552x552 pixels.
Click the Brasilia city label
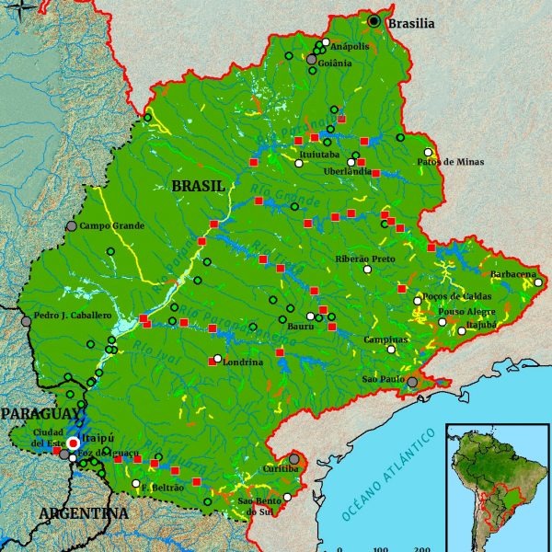tap(410, 24)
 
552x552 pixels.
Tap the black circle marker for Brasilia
tap(374, 20)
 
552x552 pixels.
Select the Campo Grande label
tap(112, 225)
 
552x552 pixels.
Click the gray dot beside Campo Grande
tap(72, 225)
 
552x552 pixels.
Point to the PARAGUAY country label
tap(40, 415)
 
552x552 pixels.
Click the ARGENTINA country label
tap(83, 512)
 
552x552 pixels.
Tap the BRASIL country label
tap(198, 186)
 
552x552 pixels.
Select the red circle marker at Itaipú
tap(74, 443)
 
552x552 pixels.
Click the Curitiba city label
tap(280, 469)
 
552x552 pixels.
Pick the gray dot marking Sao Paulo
tap(413, 382)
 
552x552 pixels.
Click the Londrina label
tap(242, 362)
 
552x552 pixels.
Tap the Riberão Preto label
tap(365, 259)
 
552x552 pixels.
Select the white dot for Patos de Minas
tap(428, 153)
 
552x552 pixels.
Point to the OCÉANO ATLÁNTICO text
tap(388, 476)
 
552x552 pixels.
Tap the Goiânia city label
tap(334, 63)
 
